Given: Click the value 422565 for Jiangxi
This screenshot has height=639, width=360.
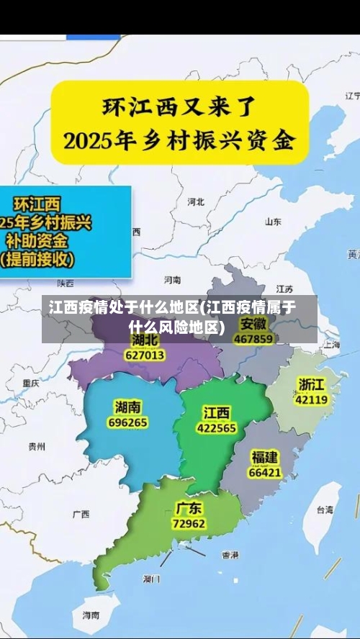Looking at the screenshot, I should click(216, 427).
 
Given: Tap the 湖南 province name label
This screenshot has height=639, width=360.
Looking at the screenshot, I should click(128, 407).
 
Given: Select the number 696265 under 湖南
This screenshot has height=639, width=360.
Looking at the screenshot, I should click(127, 422).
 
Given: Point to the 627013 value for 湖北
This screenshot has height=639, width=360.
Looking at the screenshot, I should click(145, 355).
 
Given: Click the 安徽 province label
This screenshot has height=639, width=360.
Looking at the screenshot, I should click(253, 323).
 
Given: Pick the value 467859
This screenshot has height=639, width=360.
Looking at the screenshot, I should click(253, 338).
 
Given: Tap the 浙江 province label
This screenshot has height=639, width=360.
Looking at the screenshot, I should click(312, 383).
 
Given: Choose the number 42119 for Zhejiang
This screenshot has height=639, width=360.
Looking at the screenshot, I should click(312, 399).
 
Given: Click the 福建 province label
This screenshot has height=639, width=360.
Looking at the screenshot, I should click(265, 456).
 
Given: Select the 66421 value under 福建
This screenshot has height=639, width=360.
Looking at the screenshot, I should click(264, 473).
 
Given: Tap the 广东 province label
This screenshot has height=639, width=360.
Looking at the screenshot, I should click(189, 508).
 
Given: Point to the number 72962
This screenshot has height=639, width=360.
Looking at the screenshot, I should click(189, 523).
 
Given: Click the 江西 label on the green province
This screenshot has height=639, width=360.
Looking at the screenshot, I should click(216, 412).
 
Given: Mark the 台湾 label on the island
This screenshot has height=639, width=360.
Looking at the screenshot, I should click(325, 509).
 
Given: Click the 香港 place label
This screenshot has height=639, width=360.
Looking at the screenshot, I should click(230, 555).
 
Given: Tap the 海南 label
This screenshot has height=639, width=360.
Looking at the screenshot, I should click(91, 616).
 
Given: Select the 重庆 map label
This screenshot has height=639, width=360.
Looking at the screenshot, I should click(30, 383).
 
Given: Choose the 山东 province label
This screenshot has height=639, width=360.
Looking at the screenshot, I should click(273, 222).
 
